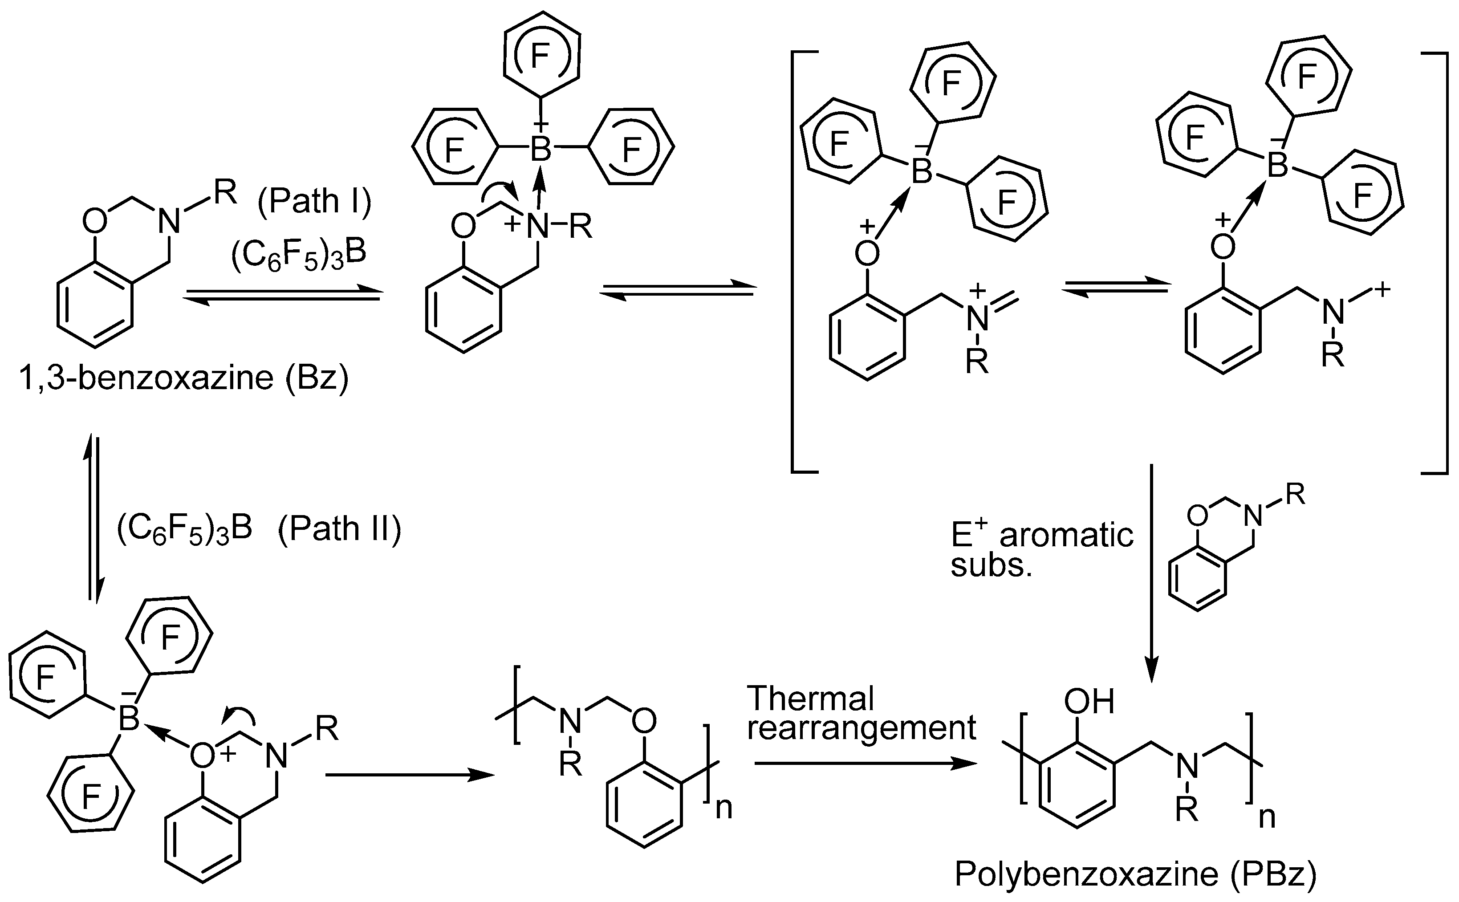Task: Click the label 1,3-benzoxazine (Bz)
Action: [x=184, y=378]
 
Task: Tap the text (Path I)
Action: [x=314, y=201]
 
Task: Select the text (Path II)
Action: [x=339, y=528]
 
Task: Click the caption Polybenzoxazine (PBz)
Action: [x=1135, y=874]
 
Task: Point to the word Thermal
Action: [x=810, y=698]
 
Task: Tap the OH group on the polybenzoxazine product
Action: [x=1089, y=702]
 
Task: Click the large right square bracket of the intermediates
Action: [x=1442, y=263]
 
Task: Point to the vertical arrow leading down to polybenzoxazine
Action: [x=1152, y=573]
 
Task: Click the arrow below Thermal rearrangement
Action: [x=865, y=764]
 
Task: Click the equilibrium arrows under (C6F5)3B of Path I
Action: [x=281, y=295]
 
